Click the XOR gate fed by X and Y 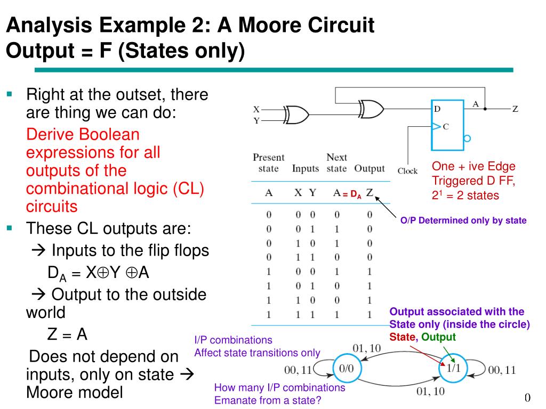point(296,114)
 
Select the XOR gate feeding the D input point(371,109)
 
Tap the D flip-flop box point(448,124)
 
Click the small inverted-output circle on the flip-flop point(467,138)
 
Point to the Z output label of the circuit point(515,109)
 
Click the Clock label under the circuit point(407,171)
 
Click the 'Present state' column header point(268,163)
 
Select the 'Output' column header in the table point(369,169)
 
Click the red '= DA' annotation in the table point(351,195)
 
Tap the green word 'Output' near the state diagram point(439,337)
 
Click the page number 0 point(527,398)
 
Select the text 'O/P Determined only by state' point(463,220)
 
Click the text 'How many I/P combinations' point(279,388)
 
